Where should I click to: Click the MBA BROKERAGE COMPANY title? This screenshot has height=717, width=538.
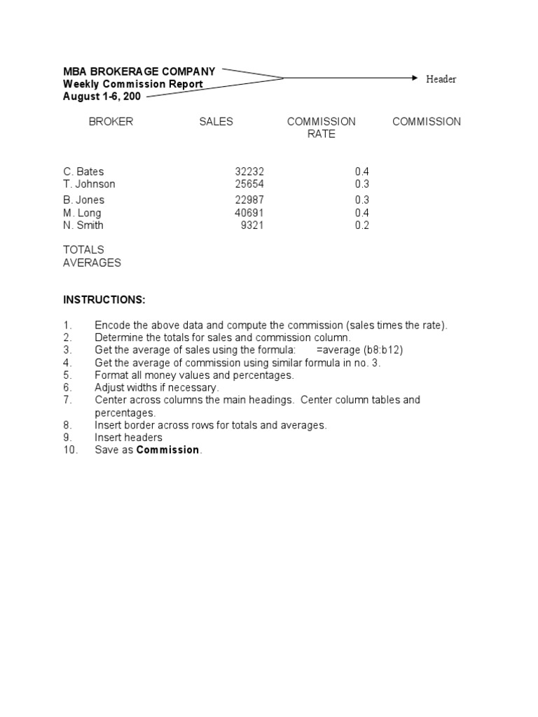tap(139, 71)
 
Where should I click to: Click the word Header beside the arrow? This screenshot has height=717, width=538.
tap(441, 79)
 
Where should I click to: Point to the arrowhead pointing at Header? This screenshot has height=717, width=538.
tap(414, 78)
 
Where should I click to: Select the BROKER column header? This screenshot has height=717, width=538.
tap(111, 122)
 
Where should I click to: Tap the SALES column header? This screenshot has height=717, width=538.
tap(216, 122)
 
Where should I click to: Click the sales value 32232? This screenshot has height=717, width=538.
tap(249, 172)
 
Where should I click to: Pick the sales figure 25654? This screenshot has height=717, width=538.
tap(249, 184)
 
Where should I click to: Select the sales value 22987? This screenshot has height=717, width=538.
tap(249, 200)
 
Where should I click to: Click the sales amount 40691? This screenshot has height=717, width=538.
tap(249, 213)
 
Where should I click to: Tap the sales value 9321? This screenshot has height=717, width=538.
tap(252, 225)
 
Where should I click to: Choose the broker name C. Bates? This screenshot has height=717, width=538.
tap(83, 172)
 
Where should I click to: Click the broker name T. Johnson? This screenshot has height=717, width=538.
tap(89, 184)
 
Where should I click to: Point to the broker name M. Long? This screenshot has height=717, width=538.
tap(82, 213)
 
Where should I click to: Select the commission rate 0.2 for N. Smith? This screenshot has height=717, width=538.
tap(361, 225)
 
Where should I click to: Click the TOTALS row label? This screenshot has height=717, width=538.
tap(83, 250)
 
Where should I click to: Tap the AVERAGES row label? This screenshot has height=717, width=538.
tap(92, 263)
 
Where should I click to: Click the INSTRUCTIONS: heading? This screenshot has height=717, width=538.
tap(104, 300)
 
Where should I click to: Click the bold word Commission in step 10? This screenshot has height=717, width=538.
tap(167, 450)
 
